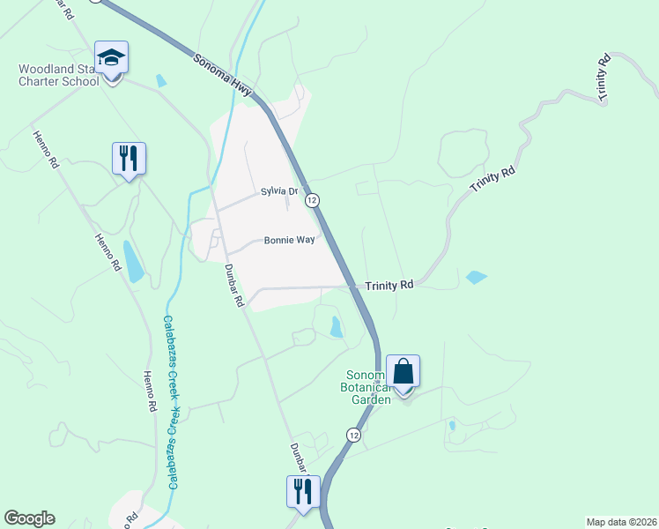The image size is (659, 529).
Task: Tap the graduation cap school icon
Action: click(x=112, y=58)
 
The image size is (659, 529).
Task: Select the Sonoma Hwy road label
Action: click(x=223, y=71)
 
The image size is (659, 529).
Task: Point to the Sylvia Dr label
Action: click(x=280, y=191)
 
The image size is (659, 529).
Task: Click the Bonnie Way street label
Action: click(x=290, y=240)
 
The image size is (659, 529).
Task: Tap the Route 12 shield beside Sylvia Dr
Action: click(x=312, y=201)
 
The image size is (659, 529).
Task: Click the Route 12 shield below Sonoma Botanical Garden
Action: click(x=353, y=435)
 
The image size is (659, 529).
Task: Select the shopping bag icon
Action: click(x=403, y=371)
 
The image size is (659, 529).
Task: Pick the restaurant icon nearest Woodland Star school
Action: click(x=129, y=159)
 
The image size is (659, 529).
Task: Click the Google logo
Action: click(x=29, y=518)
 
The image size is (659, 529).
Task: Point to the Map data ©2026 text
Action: click(x=622, y=522)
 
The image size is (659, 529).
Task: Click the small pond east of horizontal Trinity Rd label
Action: click(x=476, y=277)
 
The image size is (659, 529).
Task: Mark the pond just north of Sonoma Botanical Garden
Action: click(x=336, y=327)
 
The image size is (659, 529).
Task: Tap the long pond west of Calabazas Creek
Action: click(x=132, y=261)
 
